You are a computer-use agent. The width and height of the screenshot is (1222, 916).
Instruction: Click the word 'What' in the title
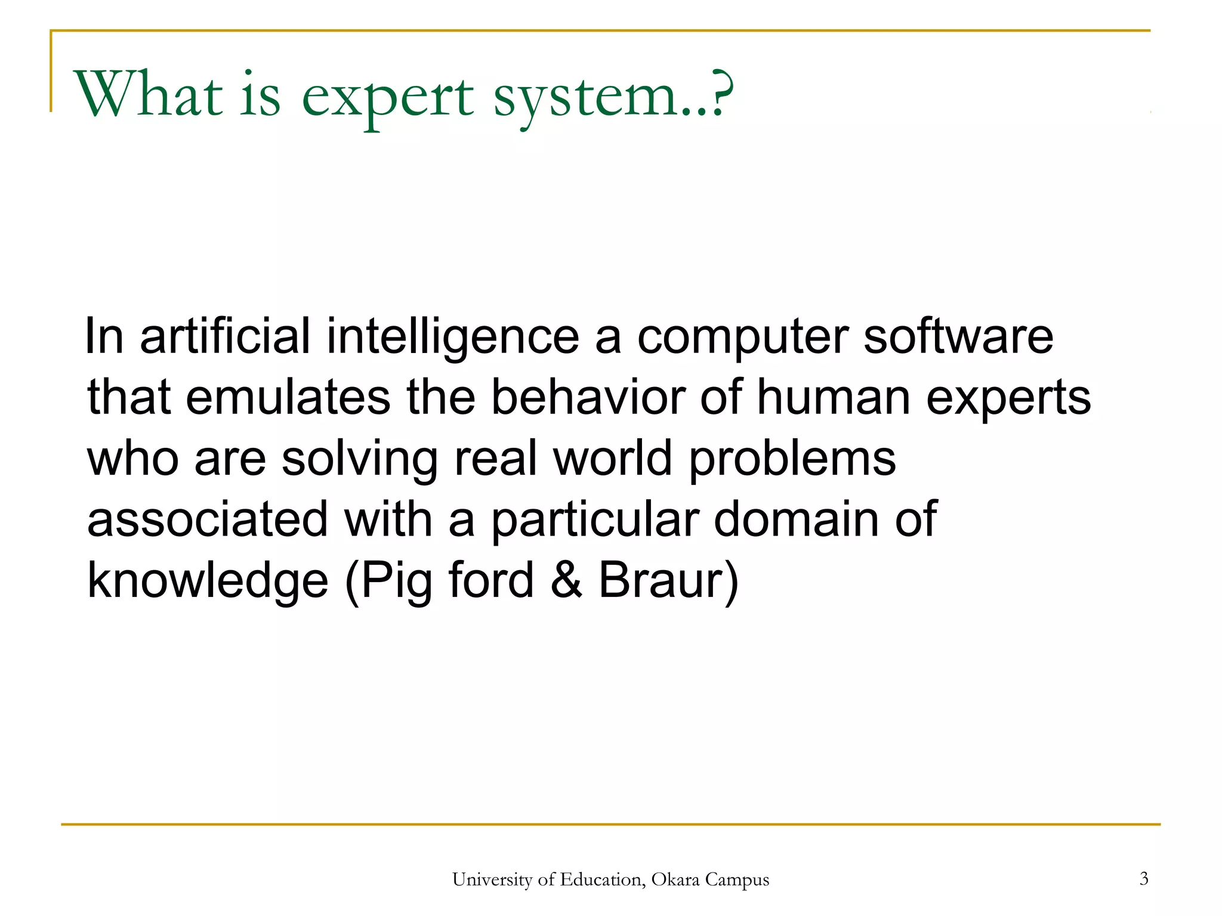pos(148,94)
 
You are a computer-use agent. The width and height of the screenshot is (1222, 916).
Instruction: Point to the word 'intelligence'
pos(453,338)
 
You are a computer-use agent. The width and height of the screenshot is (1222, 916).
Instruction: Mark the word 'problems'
pos(792,460)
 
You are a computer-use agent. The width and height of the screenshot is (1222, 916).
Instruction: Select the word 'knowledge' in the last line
pos(208,581)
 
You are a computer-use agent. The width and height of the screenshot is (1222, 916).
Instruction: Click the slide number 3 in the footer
pos(1143,878)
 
